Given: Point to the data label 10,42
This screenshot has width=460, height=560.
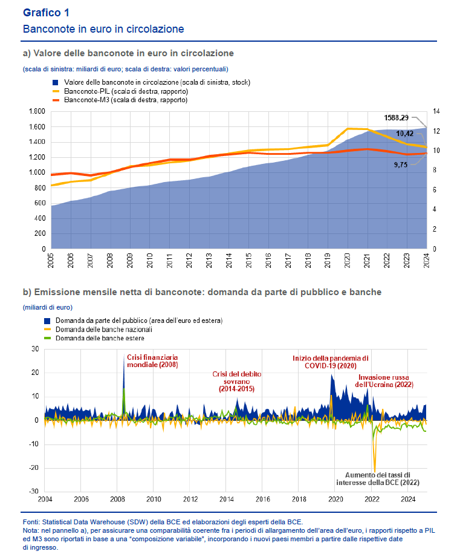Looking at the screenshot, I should (404, 134).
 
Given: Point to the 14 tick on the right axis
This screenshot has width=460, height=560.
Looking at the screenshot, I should (436, 112).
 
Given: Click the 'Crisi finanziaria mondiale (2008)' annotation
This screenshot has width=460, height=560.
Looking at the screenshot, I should (152, 361).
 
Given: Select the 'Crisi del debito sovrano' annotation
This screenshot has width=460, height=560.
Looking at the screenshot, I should (236, 382).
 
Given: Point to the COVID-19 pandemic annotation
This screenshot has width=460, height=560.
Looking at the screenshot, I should (330, 362).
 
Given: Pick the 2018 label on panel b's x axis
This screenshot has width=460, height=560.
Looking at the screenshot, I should (299, 500).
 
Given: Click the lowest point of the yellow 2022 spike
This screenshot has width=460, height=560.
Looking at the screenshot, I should (375, 472).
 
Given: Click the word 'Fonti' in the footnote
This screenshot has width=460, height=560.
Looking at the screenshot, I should (31, 521).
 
